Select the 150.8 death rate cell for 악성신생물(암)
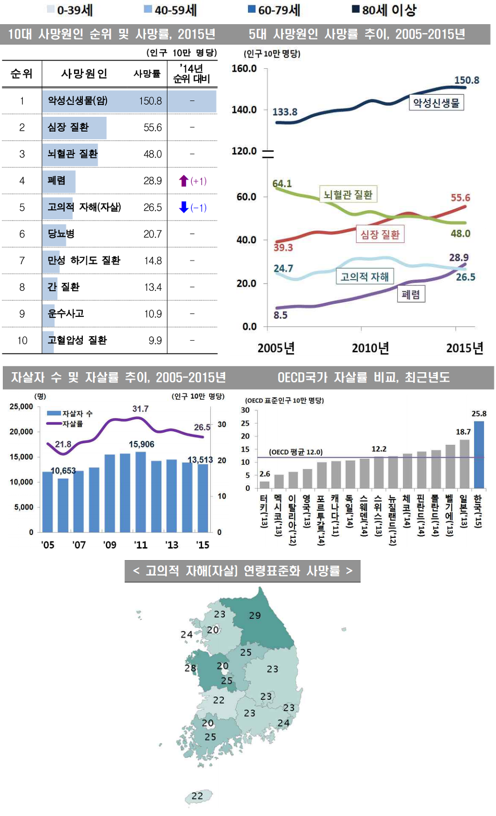tap(150, 101)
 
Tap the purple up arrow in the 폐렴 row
tap(184, 181)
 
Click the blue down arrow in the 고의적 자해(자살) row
tap(184, 207)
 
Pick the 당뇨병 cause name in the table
tap(61, 234)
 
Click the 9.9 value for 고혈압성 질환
tap(155, 340)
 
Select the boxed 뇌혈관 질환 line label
tap(348, 194)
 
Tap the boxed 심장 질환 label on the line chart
tap(380, 235)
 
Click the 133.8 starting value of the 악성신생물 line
tap(285, 112)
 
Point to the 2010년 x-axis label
tap(370, 348)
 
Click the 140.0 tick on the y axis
tap(244, 110)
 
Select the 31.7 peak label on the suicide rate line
tap(140, 409)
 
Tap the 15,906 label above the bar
tap(141, 444)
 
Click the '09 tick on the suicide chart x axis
tap(110, 545)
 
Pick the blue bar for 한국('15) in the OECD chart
tap(479, 455)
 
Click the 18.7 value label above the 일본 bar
tap(463, 432)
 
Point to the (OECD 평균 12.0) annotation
tap(295, 452)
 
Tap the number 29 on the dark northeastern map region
tap(255, 615)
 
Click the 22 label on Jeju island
tap(197, 796)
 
